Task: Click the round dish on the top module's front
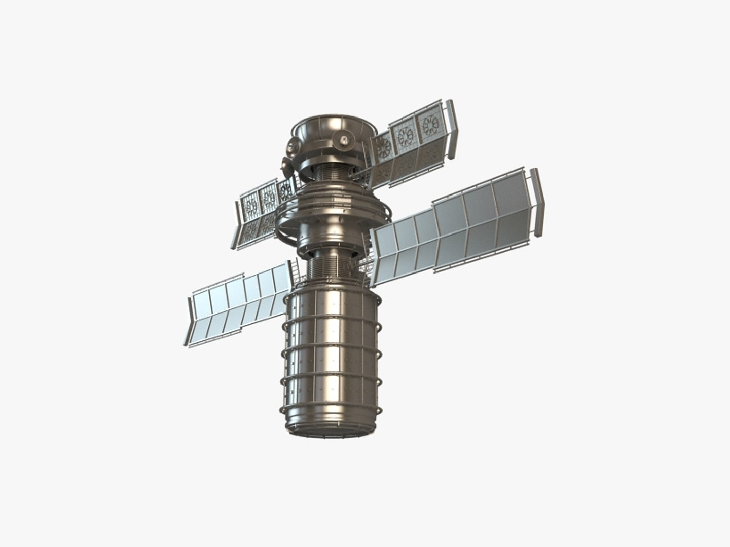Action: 344,138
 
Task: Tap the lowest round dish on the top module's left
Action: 285,164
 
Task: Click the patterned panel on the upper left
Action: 261,213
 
